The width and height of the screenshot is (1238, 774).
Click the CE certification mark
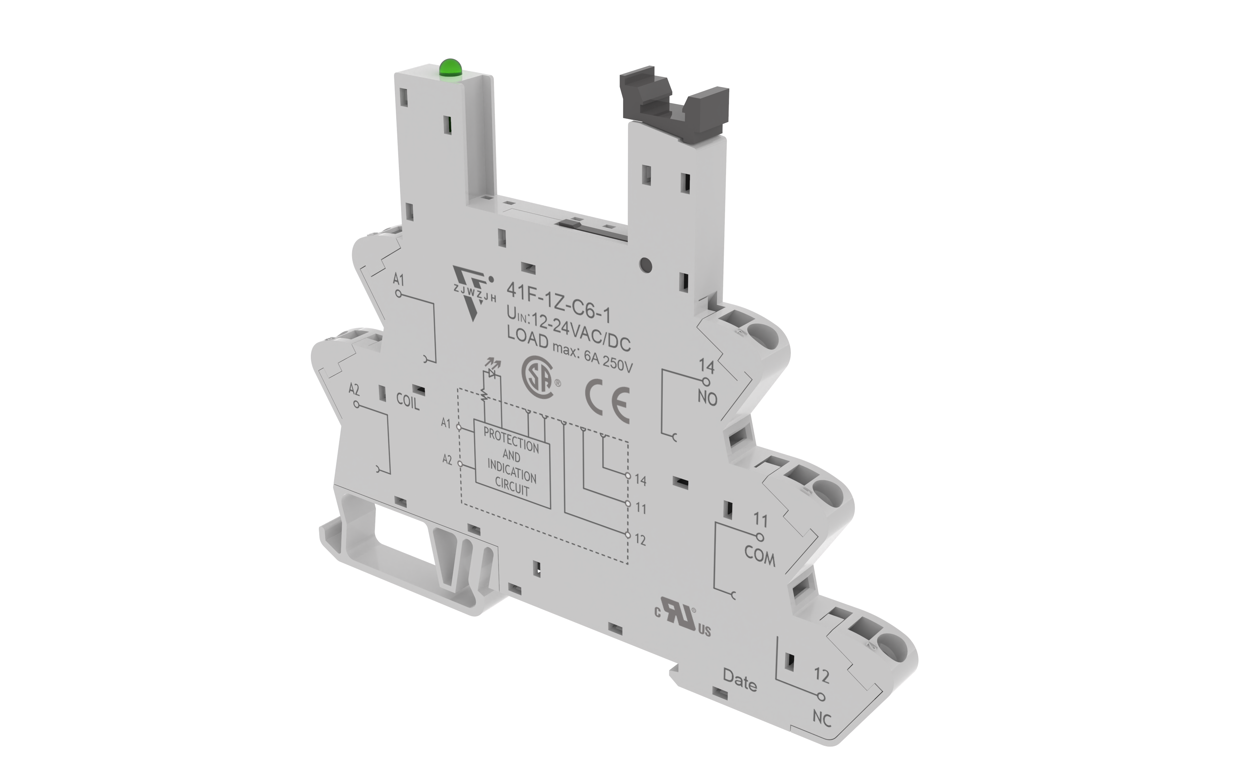click(607, 399)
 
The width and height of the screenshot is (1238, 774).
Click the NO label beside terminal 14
click(708, 398)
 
